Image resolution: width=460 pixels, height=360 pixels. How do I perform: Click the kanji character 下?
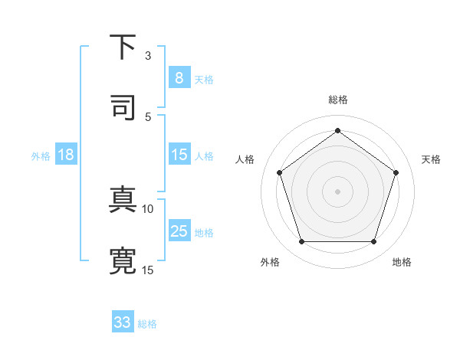coord(123,47)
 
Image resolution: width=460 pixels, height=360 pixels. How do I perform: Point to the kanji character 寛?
coord(123,260)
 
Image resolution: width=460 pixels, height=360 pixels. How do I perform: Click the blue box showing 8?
coord(179,77)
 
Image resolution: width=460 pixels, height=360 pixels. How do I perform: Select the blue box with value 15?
coord(179,155)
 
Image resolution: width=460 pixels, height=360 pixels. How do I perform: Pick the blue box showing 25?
coord(179,231)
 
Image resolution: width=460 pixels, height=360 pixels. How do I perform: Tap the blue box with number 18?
coord(66,155)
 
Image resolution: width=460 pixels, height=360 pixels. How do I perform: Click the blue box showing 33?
coord(123,322)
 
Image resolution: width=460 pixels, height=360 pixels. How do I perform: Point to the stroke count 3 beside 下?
coord(149,55)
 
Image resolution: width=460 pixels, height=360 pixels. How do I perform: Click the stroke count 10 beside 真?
coord(148,208)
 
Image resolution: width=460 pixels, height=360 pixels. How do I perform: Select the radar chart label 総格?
coord(337,100)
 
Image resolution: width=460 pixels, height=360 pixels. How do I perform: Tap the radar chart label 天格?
coord(431,159)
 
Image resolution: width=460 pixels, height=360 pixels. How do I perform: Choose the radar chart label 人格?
coord(245,159)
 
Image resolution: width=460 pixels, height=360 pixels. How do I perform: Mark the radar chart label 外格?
coord(270,263)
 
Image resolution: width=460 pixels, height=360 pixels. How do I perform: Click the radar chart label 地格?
coord(402,263)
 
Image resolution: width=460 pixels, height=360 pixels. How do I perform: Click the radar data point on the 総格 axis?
coord(337,130)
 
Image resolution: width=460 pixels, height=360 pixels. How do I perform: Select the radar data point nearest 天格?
coord(396,172)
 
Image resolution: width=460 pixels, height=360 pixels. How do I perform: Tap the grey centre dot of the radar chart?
coord(337,191)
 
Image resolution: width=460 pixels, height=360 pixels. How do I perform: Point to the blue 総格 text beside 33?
coord(147,324)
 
